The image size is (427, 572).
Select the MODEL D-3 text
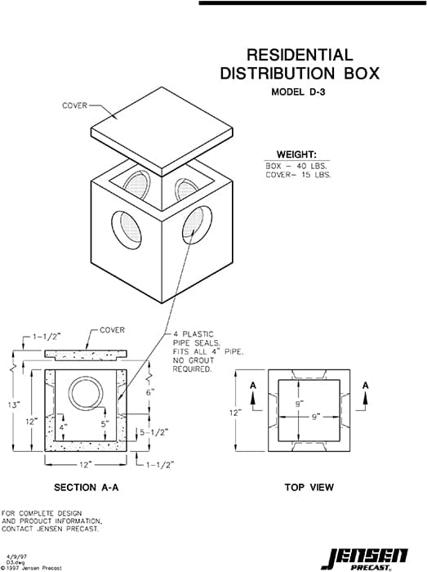point(300,92)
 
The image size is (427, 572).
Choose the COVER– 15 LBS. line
point(298,175)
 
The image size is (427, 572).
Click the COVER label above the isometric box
point(75,106)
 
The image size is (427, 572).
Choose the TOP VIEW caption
point(309,488)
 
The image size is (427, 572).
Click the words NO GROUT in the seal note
point(190,360)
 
